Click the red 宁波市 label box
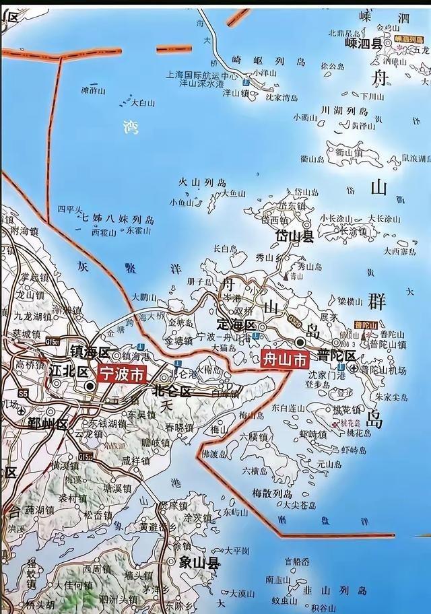coord(122,374)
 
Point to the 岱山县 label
coord(295,236)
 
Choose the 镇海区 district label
coord(90,351)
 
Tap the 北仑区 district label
coord(172,391)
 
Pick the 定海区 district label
coord(236,325)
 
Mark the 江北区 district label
coord(68,371)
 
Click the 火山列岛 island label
coord(202,182)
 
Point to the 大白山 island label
coord(143,103)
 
